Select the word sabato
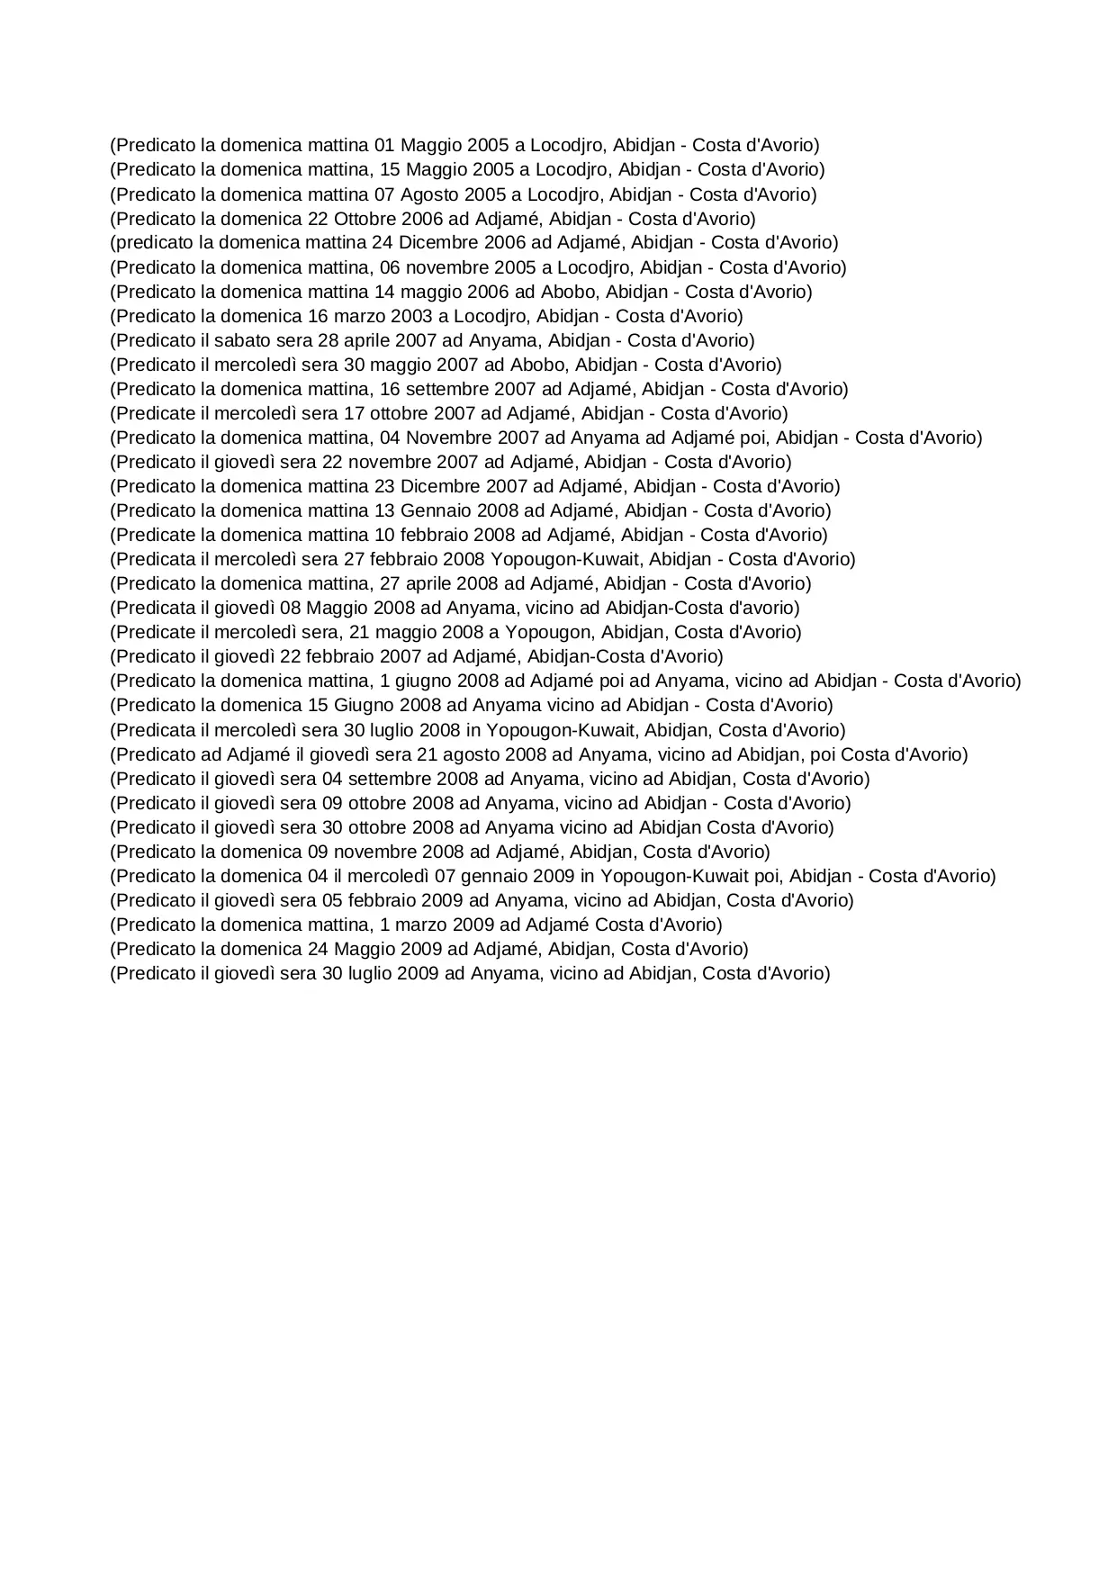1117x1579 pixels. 242,340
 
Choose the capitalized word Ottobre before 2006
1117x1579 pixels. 367,219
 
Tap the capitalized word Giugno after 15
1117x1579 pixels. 365,705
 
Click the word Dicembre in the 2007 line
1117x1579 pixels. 439,486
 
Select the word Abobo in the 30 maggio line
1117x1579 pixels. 538,365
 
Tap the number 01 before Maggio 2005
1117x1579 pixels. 384,146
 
